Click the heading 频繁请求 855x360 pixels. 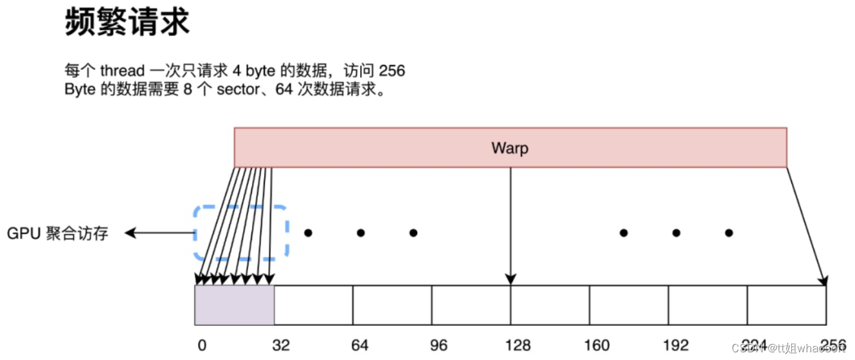click(127, 24)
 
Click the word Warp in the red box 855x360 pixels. click(510, 148)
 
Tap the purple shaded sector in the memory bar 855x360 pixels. click(235, 305)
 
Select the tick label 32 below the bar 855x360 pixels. click(281, 345)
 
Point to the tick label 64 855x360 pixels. click(360, 345)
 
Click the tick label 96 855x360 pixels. click(438, 345)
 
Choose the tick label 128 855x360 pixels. click(517, 345)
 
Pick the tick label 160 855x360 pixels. click(597, 345)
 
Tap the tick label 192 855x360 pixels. click(676, 345)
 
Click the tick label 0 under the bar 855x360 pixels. click(202, 345)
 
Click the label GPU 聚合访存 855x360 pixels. click(58, 233)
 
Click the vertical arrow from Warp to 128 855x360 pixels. click(510, 225)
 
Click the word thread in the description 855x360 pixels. click(122, 71)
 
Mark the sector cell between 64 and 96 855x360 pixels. click(392, 305)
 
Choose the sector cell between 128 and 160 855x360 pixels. click(550, 305)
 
